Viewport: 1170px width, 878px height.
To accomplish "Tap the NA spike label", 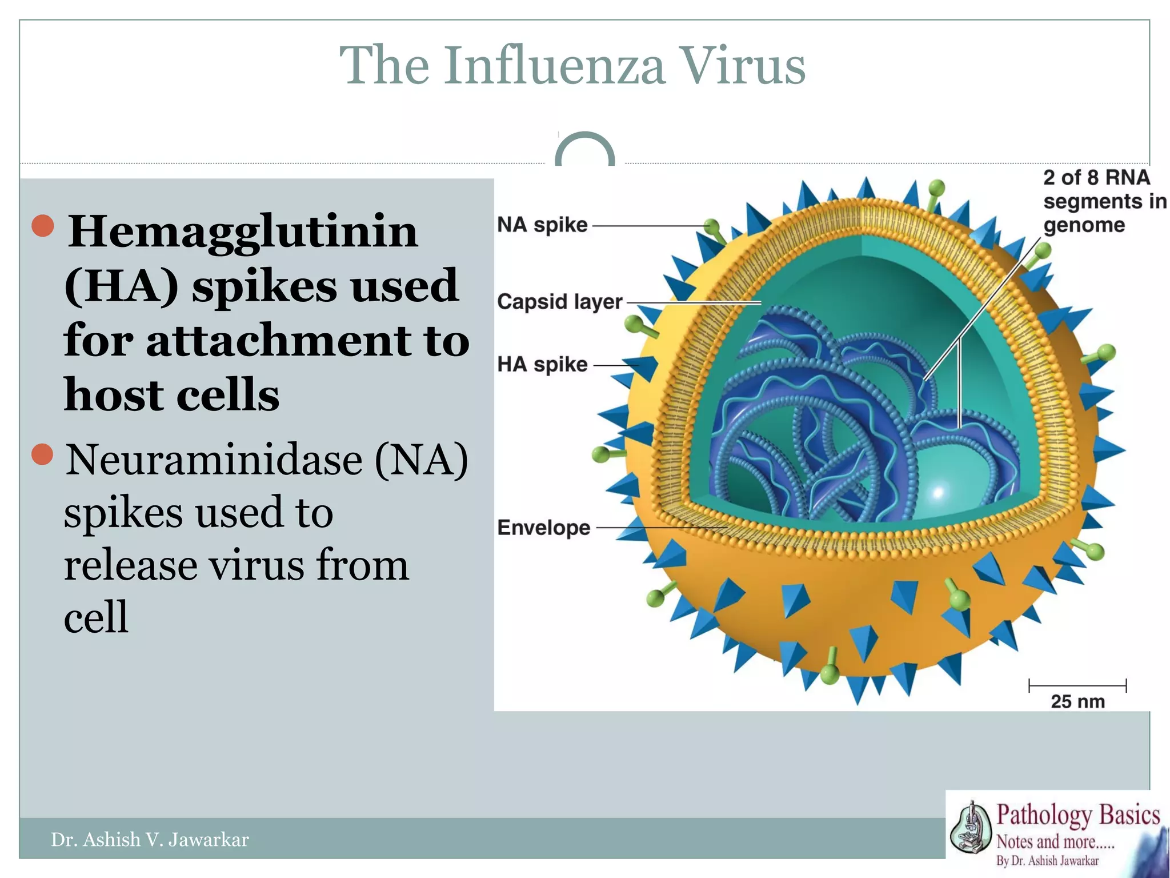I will [x=542, y=225].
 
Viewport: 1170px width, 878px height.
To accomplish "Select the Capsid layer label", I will [x=559, y=301].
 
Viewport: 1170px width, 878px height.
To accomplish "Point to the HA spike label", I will [x=542, y=364].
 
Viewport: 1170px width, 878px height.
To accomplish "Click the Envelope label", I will [x=543, y=527].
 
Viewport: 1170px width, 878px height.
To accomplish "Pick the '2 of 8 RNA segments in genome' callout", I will [x=1104, y=201].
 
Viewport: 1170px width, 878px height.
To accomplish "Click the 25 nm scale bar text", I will [x=1077, y=701].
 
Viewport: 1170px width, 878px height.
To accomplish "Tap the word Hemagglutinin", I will [x=243, y=232].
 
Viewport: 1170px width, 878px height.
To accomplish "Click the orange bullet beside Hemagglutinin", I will [x=43, y=226].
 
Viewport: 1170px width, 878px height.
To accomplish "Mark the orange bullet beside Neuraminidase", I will [x=43, y=454].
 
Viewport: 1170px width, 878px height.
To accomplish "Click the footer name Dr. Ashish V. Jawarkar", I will [x=150, y=839].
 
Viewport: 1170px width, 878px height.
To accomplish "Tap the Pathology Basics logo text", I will [x=1077, y=815].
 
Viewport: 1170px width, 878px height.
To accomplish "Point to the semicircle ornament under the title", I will [x=584, y=150].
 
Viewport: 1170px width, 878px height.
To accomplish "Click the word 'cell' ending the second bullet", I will [x=96, y=617].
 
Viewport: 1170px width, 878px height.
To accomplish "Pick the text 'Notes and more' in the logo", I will [x=1045, y=842].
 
